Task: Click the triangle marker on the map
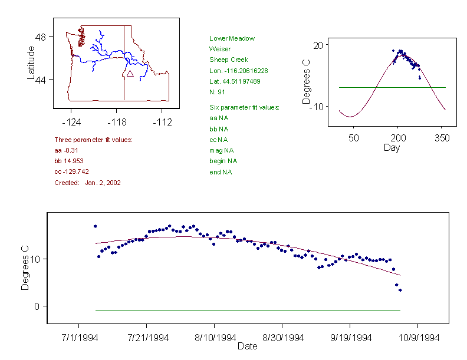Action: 130,74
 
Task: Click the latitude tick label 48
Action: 41,37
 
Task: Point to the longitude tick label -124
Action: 71,123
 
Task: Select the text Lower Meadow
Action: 232,38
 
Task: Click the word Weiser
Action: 220,49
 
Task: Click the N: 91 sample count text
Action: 218,91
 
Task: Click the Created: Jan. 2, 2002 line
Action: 87,183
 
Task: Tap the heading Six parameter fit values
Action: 244,107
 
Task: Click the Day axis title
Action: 392,148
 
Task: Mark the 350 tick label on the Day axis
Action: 442,138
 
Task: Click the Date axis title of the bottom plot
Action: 247,346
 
